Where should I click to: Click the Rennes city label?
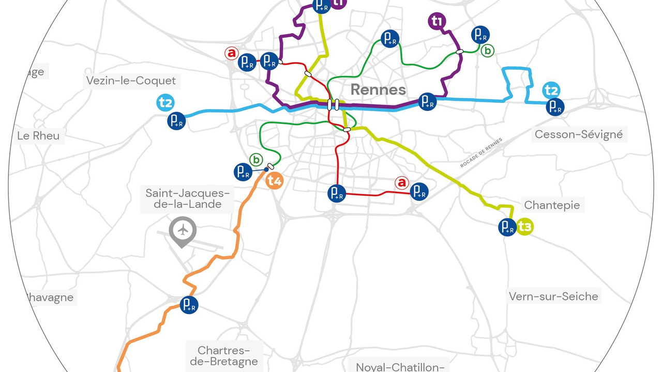[x=378, y=89]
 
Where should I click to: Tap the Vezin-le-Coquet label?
[x=131, y=81]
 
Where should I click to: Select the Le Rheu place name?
[x=38, y=136]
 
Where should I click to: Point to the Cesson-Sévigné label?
[x=579, y=135]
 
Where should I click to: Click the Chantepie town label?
[x=552, y=205]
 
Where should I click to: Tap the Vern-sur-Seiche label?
[x=553, y=297]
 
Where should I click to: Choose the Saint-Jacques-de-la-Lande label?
[x=187, y=198]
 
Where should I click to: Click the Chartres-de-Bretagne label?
[x=223, y=356]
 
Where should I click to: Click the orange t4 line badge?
[x=275, y=181]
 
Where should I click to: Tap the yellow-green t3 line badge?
[x=525, y=227]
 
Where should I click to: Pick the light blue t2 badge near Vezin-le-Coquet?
[x=165, y=103]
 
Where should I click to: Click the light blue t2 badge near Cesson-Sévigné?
[x=551, y=91]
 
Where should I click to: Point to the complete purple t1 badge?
[x=438, y=21]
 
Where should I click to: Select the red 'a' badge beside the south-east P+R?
[x=401, y=182]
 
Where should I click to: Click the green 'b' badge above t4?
[x=256, y=159]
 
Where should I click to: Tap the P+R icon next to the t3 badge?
[x=507, y=227]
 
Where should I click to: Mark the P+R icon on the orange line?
[x=189, y=305]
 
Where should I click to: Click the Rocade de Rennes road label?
[x=481, y=153]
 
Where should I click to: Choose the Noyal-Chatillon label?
[x=400, y=366]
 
